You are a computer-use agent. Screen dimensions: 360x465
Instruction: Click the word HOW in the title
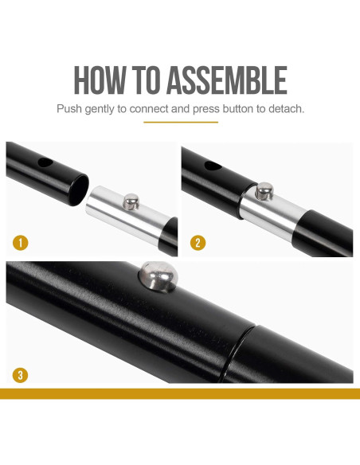[100, 80]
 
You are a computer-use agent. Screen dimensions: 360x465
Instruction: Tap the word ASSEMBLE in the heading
[227, 80]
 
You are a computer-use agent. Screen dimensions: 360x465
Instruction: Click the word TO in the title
[146, 80]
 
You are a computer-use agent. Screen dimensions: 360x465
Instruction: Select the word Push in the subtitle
[69, 109]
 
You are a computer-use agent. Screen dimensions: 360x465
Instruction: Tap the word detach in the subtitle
[286, 109]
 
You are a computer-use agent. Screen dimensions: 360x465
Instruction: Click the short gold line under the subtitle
[181, 122]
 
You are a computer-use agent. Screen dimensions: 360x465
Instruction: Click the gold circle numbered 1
[21, 243]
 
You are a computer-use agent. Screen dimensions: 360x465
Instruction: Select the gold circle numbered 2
[198, 243]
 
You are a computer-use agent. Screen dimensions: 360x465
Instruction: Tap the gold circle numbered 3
[20, 375]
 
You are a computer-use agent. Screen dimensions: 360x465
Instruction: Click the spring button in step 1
[131, 201]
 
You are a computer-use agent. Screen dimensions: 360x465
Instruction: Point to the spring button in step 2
[264, 191]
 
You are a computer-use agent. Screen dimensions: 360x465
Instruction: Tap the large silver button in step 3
[158, 276]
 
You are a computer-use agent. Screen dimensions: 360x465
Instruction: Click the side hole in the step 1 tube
[45, 162]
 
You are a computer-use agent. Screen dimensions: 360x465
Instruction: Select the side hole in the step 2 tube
[213, 166]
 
